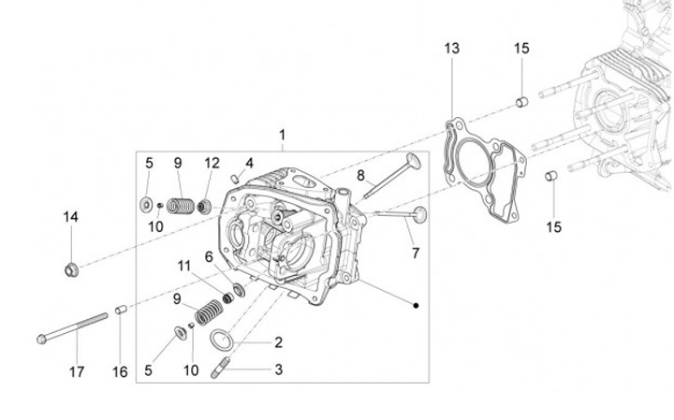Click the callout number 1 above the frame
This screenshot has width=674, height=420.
click(x=282, y=136)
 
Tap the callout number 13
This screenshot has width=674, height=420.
click(x=452, y=49)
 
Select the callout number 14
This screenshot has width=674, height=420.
click(x=71, y=217)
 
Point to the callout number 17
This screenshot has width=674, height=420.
click(x=76, y=371)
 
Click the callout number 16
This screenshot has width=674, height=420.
click(x=119, y=371)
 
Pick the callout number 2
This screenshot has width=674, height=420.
click(x=278, y=341)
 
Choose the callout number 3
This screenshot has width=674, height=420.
click(x=278, y=369)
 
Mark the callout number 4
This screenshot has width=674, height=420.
click(x=250, y=163)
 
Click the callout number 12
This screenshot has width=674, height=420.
click(x=212, y=163)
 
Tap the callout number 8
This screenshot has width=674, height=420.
click(x=360, y=175)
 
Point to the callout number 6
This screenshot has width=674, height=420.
click(x=209, y=255)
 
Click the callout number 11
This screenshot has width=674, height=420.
click(x=185, y=266)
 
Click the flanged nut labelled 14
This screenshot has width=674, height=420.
click(x=71, y=270)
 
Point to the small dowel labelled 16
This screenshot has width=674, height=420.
click(x=120, y=310)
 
